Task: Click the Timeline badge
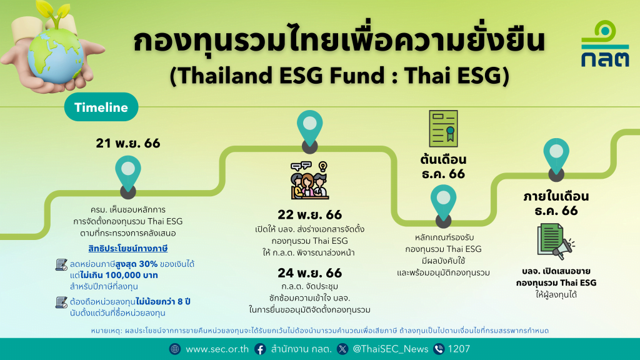101,107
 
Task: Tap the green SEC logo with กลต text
605,44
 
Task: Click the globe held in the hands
56,56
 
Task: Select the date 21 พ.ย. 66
128,143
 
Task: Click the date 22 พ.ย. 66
310,215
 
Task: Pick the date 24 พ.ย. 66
310,272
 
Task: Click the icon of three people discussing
309,181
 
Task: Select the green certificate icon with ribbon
443,129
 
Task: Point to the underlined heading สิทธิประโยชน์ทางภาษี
128,248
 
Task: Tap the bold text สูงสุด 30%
137,264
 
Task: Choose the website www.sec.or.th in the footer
217,349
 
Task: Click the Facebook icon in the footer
260,349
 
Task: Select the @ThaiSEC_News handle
390,349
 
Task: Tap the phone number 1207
459,349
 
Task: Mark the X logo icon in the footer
342,349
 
